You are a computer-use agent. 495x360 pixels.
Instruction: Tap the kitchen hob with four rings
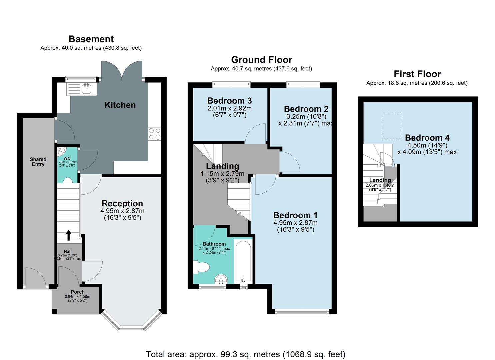pos(155,134)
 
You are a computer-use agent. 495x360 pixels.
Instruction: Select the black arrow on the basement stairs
pos(68,235)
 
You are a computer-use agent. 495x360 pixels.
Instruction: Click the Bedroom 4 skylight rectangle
pos(392,125)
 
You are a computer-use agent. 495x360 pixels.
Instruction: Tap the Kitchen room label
pos(120,105)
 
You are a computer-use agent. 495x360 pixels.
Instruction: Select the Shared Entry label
pos(38,162)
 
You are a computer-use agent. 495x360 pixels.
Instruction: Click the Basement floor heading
pos(91,39)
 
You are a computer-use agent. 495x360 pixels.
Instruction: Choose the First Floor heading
pos(417,74)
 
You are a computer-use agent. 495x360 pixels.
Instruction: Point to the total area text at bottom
pos(245,354)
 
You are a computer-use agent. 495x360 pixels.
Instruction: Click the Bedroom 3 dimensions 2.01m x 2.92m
pos(229,108)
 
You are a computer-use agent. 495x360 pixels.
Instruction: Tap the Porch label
pos(77,292)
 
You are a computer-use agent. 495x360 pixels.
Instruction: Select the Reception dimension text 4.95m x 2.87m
pos(122,211)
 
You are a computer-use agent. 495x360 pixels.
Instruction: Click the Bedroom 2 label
pos(306,109)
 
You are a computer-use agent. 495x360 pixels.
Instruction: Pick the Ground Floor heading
pos(261,60)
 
